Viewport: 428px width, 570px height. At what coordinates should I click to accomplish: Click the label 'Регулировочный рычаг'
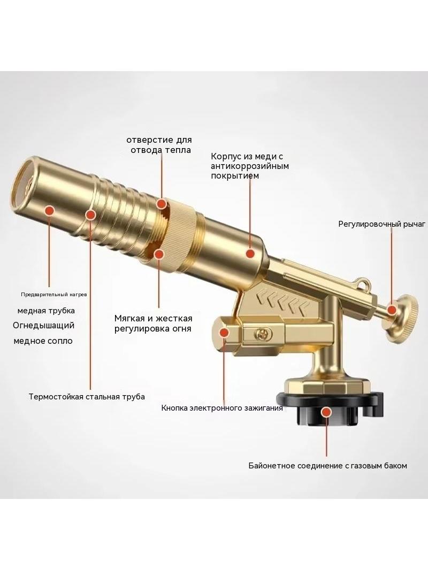(x=381, y=224)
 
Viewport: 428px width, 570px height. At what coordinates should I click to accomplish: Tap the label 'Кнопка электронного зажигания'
(x=222, y=408)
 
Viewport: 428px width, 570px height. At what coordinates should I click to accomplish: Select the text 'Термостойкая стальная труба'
(x=87, y=397)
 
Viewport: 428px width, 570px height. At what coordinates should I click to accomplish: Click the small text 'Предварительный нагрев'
(x=54, y=295)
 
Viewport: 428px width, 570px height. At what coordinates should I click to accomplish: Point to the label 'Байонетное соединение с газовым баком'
(x=327, y=466)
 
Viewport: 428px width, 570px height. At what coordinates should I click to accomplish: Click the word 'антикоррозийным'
(x=250, y=166)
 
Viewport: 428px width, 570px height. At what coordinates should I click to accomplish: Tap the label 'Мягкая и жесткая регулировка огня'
(x=153, y=323)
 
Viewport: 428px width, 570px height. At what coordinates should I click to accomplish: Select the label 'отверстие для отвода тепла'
(x=159, y=145)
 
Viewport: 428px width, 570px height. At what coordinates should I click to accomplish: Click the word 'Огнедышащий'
(x=44, y=325)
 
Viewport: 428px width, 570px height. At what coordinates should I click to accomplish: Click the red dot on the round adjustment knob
(x=392, y=310)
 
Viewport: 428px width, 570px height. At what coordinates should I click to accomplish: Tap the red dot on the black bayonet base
(x=327, y=412)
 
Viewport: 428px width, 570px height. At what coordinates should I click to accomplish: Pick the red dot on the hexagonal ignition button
(x=224, y=333)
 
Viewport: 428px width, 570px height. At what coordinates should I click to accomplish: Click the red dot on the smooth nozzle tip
(x=49, y=210)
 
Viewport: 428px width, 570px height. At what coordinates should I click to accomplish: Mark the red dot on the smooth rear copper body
(x=249, y=253)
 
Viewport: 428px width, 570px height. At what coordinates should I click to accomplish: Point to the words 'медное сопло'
(x=43, y=341)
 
